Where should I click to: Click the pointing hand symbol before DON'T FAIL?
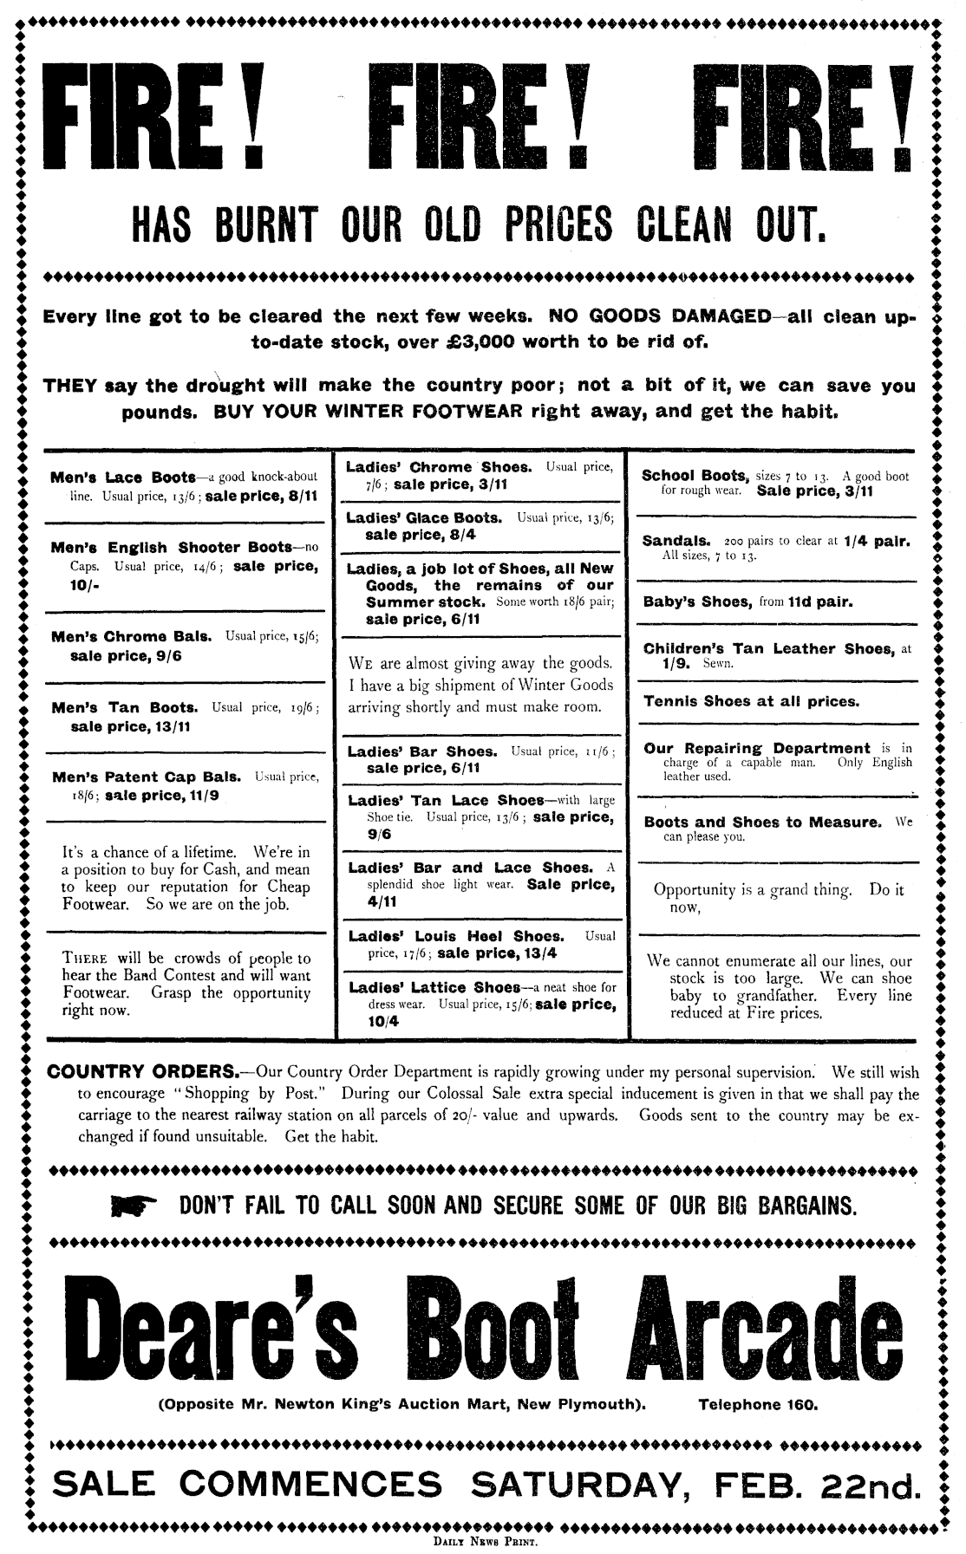[x=134, y=1205]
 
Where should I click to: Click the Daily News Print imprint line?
[x=483, y=1541]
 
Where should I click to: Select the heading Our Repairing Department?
[x=756, y=747]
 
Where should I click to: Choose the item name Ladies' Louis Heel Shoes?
[x=454, y=936]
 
